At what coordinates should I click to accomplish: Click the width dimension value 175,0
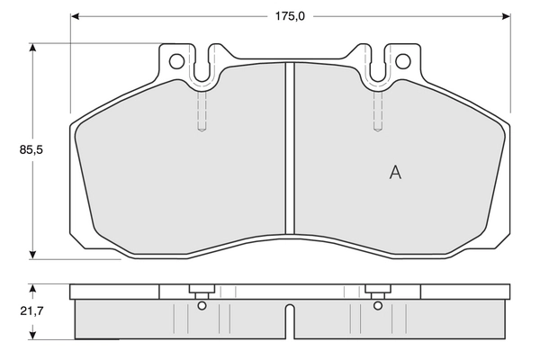click(x=290, y=16)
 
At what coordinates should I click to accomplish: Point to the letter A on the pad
click(x=394, y=173)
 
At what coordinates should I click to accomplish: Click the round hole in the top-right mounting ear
click(x=403, y=61)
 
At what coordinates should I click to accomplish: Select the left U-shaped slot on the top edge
click(x=202, y=65)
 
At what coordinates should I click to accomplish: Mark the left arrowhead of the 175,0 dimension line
click(x=76, y=16)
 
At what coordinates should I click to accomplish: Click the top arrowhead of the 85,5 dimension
click(x=33, y=48)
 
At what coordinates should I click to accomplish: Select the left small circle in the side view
click(x=202, y=305)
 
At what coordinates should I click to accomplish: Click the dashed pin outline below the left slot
click(x=202, y=112)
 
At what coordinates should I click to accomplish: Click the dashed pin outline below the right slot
click(x=378, y=112)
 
